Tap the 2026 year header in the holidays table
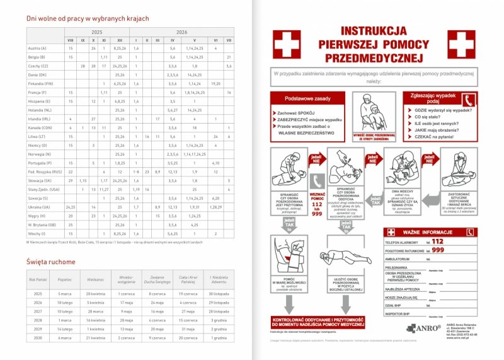click(x=182, y=31)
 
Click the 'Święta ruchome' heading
click(x=49, y=261)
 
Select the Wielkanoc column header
click(x=95, y=278)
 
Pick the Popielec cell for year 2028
click(x=66, y=320)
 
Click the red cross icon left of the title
click(x=287, y=44)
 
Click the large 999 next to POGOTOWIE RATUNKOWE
click(x=438, y=250)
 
